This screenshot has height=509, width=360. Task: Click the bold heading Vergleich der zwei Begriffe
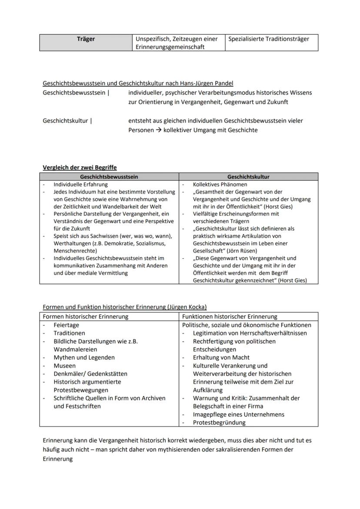(80, 167)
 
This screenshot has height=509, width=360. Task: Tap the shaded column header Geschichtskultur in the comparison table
(248, 177)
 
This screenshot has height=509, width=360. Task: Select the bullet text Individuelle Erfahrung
(80, 185)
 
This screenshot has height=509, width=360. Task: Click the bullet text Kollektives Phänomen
(220, 185)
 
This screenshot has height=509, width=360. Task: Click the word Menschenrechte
(75, 251)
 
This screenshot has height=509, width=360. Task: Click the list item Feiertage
(67, 325)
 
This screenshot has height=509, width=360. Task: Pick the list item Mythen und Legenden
(84, 357)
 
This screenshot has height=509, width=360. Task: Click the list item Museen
(65, 366)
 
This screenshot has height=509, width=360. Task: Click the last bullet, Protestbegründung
(219, 423)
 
